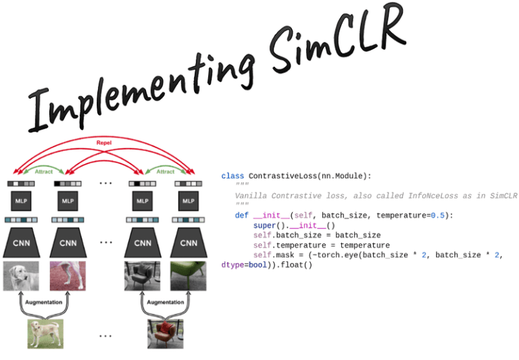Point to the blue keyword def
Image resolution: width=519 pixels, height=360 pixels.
242,215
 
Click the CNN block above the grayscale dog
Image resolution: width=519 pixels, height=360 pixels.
21,243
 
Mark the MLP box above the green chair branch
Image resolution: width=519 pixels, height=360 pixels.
189,201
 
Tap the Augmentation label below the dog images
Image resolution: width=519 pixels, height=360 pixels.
44,303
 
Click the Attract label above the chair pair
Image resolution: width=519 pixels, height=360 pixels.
166,172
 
